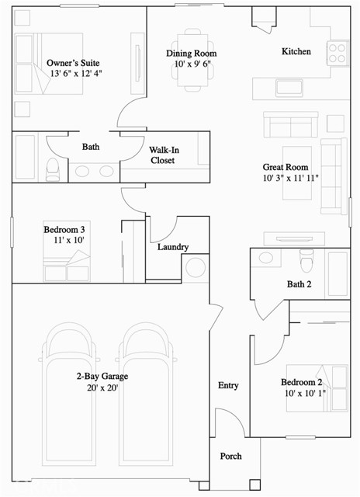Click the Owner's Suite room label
point(73,62)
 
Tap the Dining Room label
point(191,54)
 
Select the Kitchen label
point(296,51)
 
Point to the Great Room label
point(286,167)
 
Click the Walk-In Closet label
point(162,155)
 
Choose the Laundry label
point(172,247)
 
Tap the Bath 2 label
point(299,284)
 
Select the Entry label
point(228,385)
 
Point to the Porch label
point(231,456)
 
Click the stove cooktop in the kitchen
point(337,52)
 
